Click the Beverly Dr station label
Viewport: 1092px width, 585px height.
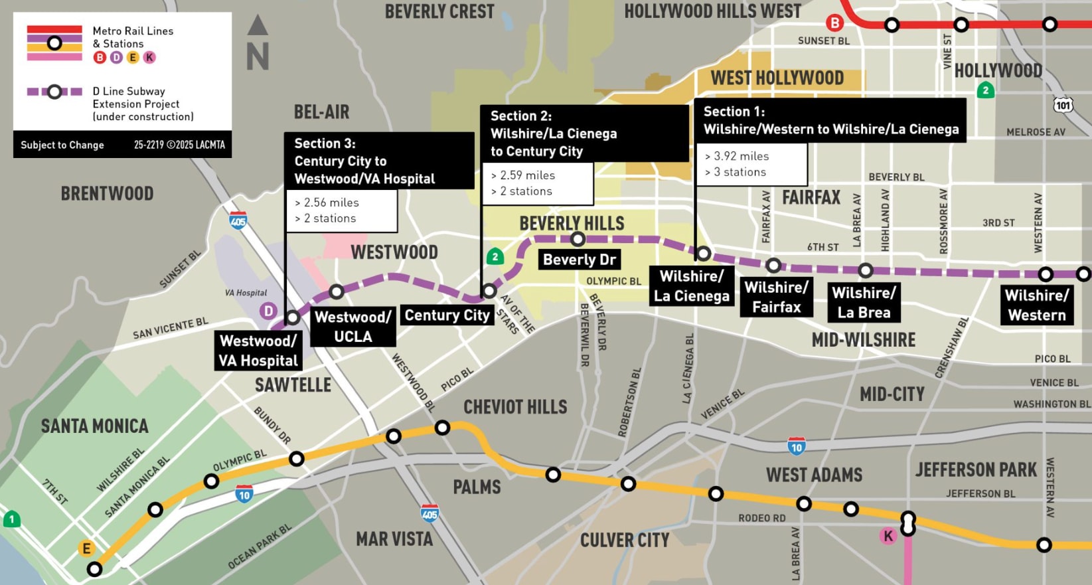pos(579,260)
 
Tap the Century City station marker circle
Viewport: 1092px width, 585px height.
pos(489,291)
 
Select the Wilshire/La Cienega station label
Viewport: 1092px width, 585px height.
pos(691,286)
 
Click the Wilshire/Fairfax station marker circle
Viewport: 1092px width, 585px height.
pos(773,266)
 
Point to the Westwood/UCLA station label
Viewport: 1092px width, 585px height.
pos(352,327)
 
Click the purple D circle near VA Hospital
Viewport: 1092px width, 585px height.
pos(268,311)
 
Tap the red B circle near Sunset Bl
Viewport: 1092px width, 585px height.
pos(834,23)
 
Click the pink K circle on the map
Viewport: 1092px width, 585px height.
pos(888,536)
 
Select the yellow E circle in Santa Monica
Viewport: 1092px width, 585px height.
pos(86,548)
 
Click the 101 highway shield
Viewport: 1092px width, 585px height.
pos(1063,105)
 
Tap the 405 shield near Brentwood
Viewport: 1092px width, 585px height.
pos(238,220)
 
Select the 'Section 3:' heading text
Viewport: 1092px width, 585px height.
pos(325,143)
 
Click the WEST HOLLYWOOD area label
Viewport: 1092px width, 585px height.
pos(777,78)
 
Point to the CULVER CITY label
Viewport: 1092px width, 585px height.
pos(624,541)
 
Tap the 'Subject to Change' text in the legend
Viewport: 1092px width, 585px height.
pos(62,145)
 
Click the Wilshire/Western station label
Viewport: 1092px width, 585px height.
pos(1036,305)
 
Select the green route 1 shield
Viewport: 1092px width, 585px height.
pos(11,519)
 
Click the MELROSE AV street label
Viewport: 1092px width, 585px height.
pos(1035,132)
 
